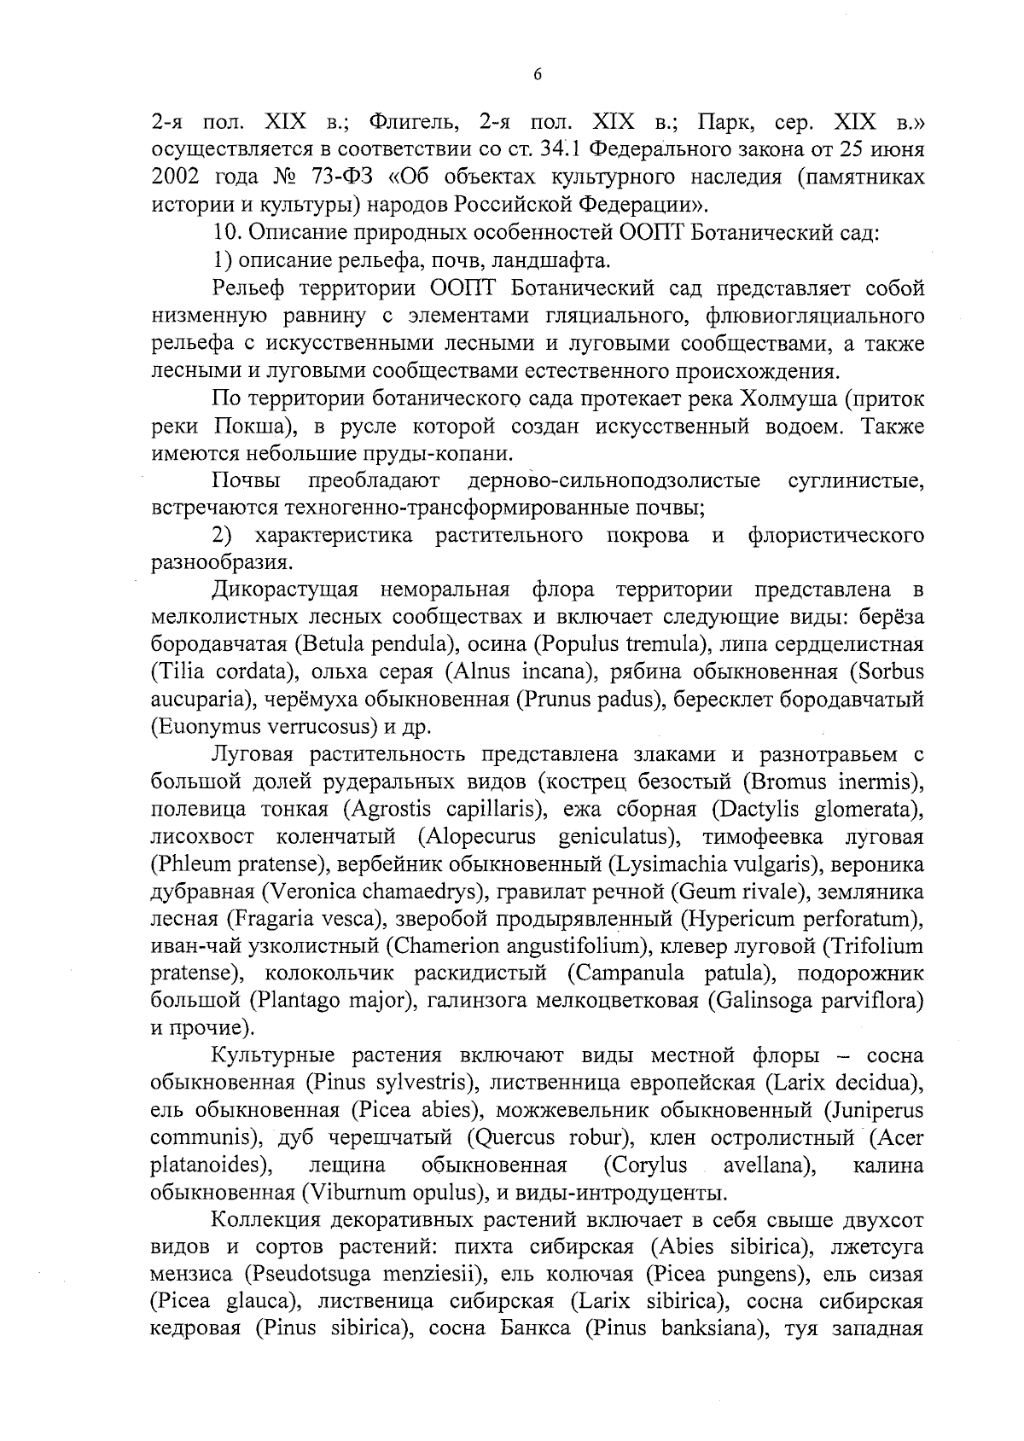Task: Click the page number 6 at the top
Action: click(x=537, y=74)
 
